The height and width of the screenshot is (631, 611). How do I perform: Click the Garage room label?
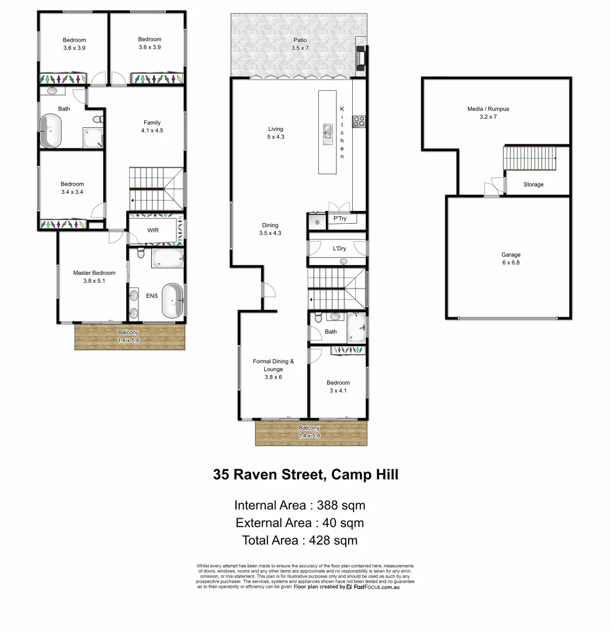tap(510, 259)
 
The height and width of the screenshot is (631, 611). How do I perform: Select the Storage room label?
tap(533, 185)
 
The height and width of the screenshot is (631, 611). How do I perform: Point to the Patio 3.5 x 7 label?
tap(299, 44)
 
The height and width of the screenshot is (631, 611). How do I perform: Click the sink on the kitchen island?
tap(328, 134)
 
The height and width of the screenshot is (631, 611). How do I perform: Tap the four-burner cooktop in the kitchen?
tap(359, 122)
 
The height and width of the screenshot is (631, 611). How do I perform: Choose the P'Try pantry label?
tap(339, 220)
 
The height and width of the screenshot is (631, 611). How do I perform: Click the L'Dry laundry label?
tap(339, 249)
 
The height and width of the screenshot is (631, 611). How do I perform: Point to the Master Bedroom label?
tap(93, 277)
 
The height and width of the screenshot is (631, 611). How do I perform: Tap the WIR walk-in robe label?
tap(153, 231)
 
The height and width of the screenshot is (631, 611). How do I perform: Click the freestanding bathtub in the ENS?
tap(173, 301)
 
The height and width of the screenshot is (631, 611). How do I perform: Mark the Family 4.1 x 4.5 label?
tap(152, 127)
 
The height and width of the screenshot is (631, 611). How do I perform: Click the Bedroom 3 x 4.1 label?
tap(338, 387)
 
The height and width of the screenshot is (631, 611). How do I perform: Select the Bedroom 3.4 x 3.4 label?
tap(72, 188)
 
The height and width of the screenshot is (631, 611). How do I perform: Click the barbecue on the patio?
tap(360, 57)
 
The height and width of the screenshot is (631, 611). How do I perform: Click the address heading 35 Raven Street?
tap(305, 474)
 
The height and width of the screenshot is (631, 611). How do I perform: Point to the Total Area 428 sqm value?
tap(300, 540)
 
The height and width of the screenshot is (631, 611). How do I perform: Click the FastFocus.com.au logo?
tap(373, 587)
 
